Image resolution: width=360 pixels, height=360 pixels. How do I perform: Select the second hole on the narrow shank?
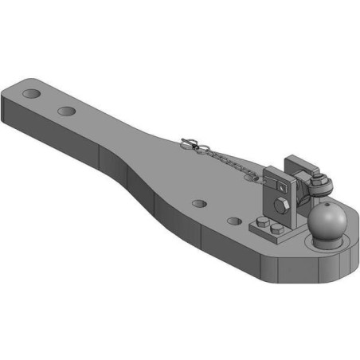(66, 111)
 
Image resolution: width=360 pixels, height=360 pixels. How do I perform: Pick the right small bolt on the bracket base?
(277, 232)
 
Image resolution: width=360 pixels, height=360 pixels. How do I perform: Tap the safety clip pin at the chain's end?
(190, 144)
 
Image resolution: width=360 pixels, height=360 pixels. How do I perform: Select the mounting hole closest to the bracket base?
(233, 221)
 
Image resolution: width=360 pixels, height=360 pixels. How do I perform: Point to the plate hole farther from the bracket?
(198, 205)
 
